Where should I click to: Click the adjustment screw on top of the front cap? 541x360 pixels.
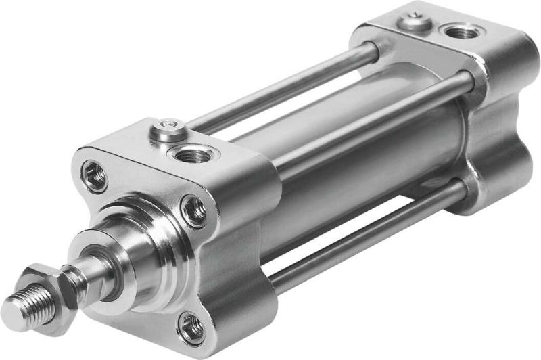point(166,129)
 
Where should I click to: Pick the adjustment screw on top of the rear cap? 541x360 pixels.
point(415,22)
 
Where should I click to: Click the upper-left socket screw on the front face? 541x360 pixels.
point(95,177)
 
